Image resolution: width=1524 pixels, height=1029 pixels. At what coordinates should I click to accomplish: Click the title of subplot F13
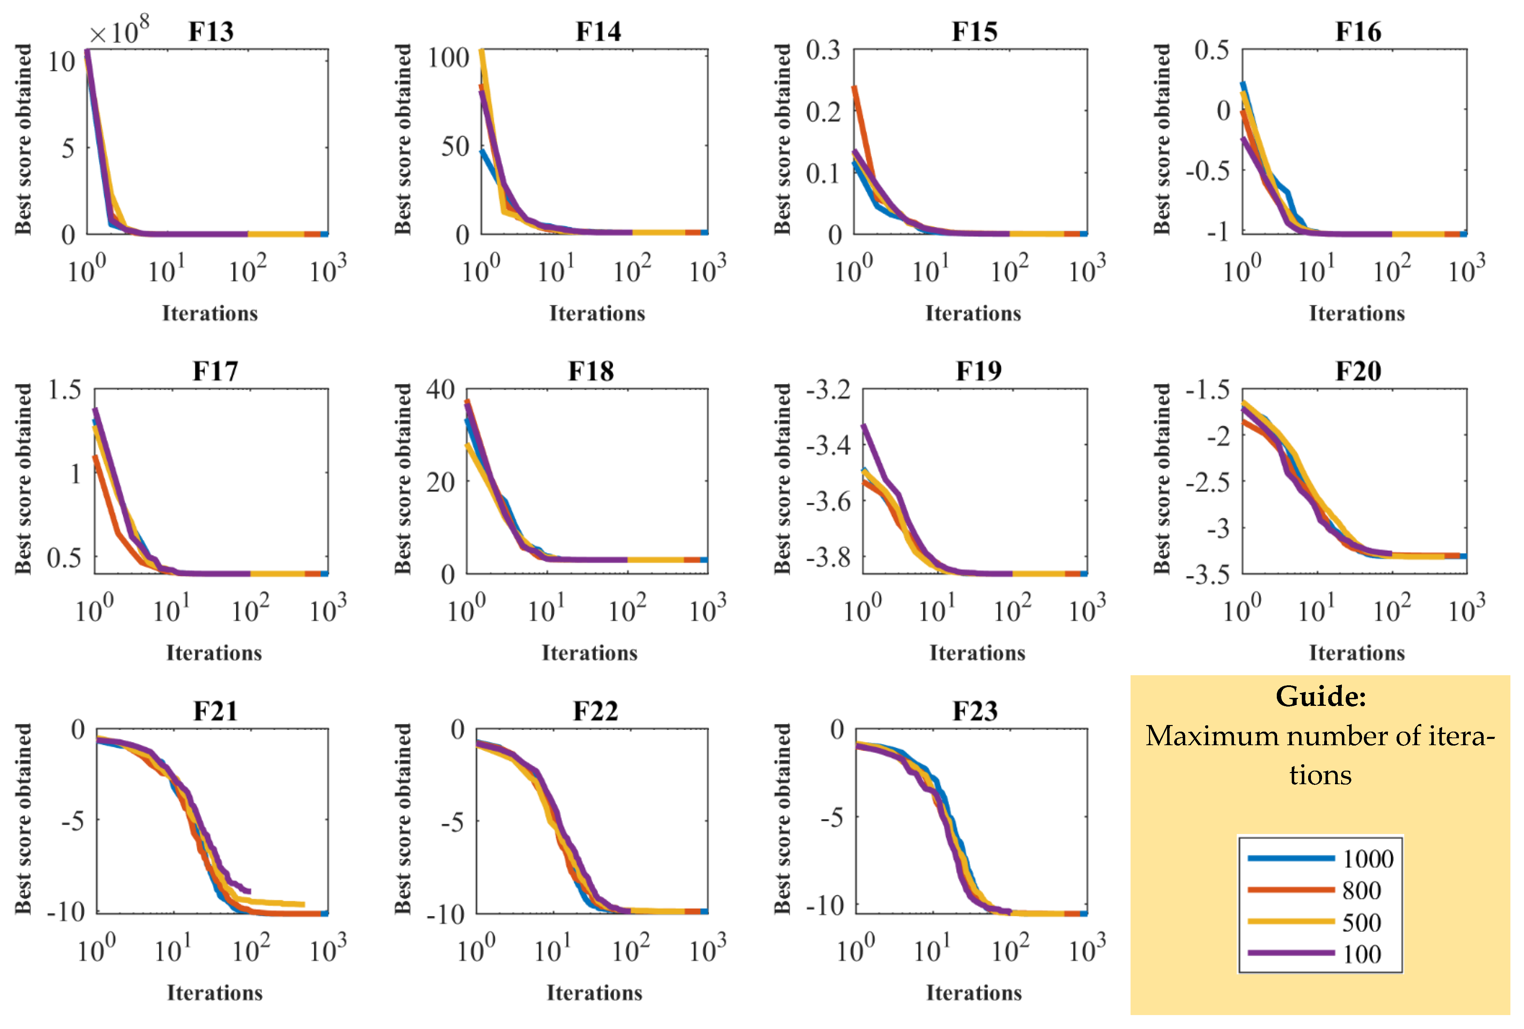(211, 31)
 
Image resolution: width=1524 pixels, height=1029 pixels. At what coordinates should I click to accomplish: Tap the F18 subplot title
(591, 371)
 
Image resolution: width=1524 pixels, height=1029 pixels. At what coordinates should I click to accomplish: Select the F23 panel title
(975, 711)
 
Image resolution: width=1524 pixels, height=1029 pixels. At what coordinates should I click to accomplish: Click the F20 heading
(1358, 371)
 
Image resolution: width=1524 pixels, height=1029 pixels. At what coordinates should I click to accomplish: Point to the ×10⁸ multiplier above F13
(119, 30)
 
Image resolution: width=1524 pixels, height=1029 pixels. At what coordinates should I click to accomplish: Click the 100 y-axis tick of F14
(448, 58)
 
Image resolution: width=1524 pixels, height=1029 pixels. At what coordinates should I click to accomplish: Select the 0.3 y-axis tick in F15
(823, 50)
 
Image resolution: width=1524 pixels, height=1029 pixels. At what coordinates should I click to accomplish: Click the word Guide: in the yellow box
(1320, 696)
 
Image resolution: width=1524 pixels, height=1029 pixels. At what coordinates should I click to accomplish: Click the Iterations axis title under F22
(594, 992)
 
